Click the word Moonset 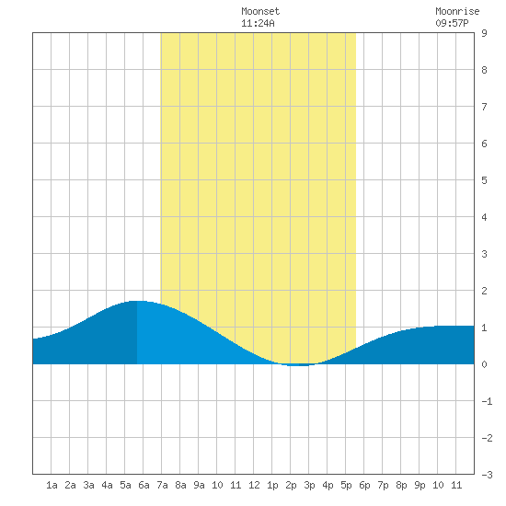tap(260, 11)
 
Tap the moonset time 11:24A tap(258, 23)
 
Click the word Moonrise tap(457, 11)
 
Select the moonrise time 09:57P tap(452, 23)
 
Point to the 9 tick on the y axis tap(484, 33)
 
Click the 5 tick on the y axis tap(484, 180)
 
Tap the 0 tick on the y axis tap(484, 364)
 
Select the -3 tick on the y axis tap(487, 475)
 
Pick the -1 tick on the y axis tap(487, 401)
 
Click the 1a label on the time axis tap(52, 485)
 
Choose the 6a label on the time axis tap(144, 485)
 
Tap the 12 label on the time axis tap(254, 485)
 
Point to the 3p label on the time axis tap(309, 485)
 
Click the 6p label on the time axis tap(364, 485)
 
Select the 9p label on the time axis tap(420, 485)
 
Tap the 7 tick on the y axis tap(484, 107)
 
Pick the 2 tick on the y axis tap(484, 291)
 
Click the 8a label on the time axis tap(180, 485)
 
